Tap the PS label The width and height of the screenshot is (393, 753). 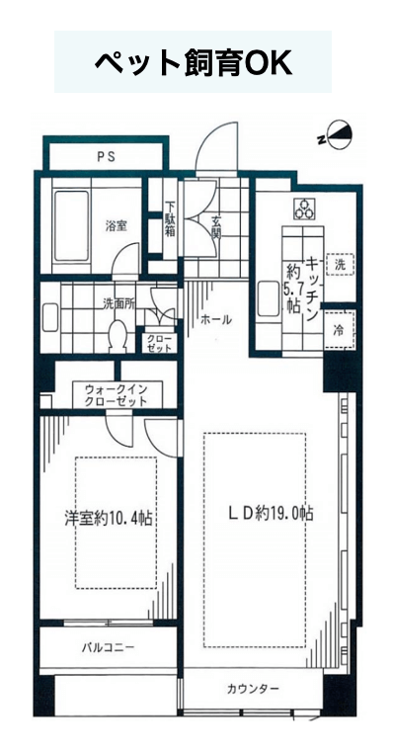click(106, 156)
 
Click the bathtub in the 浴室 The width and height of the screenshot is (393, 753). click(71, 225)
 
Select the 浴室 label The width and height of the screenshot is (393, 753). click(117, 225)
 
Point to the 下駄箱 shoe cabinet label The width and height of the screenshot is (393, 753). click(171, 219)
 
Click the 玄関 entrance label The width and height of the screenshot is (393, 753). click(217, 227)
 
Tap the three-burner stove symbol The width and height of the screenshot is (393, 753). click(304, 209)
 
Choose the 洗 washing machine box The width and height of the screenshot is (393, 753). click(340, 264)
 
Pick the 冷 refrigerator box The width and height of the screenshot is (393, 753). click(340, 330)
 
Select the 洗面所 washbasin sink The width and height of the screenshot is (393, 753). click(50, 317)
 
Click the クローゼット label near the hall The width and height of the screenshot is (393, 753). click(156, 343)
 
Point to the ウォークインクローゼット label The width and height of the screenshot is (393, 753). click(118, 394)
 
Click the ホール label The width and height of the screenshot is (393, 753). click(216, 319)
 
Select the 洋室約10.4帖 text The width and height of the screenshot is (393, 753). click(109, 518)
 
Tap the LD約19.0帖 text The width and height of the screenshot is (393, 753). click(271, 514)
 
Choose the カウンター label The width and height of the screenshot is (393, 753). click(253, 690)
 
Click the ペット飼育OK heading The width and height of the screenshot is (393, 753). click(193, 62)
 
